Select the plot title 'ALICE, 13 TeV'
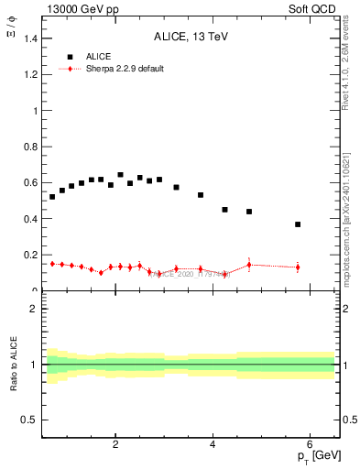coord(189,37)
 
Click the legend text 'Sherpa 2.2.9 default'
coord(125,69)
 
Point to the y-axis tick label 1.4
coord(32,38)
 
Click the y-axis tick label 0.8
coord(32,147)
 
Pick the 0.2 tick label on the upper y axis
coord(32,255)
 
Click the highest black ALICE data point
coord(120,175)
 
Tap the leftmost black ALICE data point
coord(52,197)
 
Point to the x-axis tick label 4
coord(213,445)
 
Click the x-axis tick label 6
coord(310,445)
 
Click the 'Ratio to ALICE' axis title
coord(14,365)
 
